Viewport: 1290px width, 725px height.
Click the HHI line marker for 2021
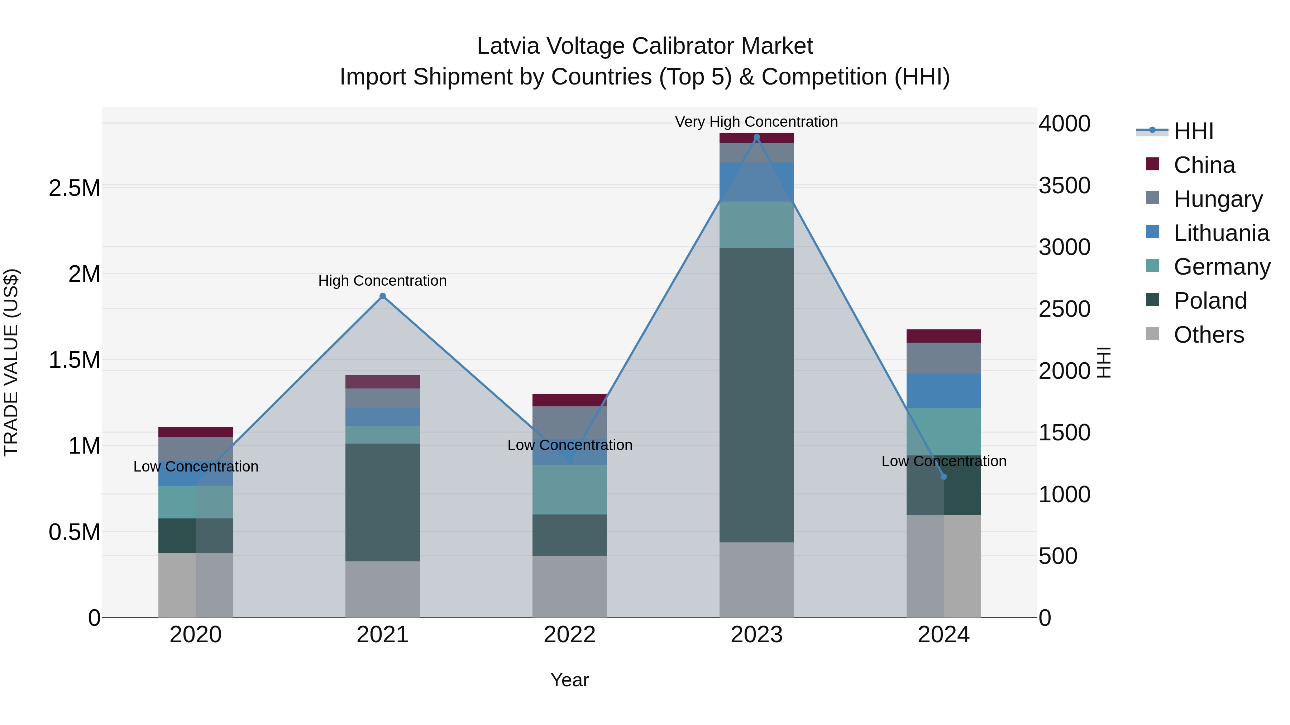click(383, 296)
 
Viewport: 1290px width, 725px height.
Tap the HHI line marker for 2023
click(757, 137)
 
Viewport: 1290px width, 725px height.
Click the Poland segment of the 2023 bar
click(757, 395)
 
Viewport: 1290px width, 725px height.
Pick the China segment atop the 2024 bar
click(944, 336)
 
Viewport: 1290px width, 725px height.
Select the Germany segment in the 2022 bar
click(569, 489)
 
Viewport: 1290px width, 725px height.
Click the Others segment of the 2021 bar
click(383, 589)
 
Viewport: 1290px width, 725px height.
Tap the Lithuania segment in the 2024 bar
click(944, 391)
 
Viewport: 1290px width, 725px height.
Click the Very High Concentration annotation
click(756, 122)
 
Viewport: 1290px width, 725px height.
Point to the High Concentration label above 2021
click(383, 281)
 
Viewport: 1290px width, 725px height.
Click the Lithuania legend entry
click(1221, 233)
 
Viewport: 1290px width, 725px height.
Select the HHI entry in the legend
click(1193, 131)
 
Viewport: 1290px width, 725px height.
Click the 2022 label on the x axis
click(569, 635)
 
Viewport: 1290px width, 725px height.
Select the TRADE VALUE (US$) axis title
click(11, 362)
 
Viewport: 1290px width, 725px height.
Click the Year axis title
click(569, 680)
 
